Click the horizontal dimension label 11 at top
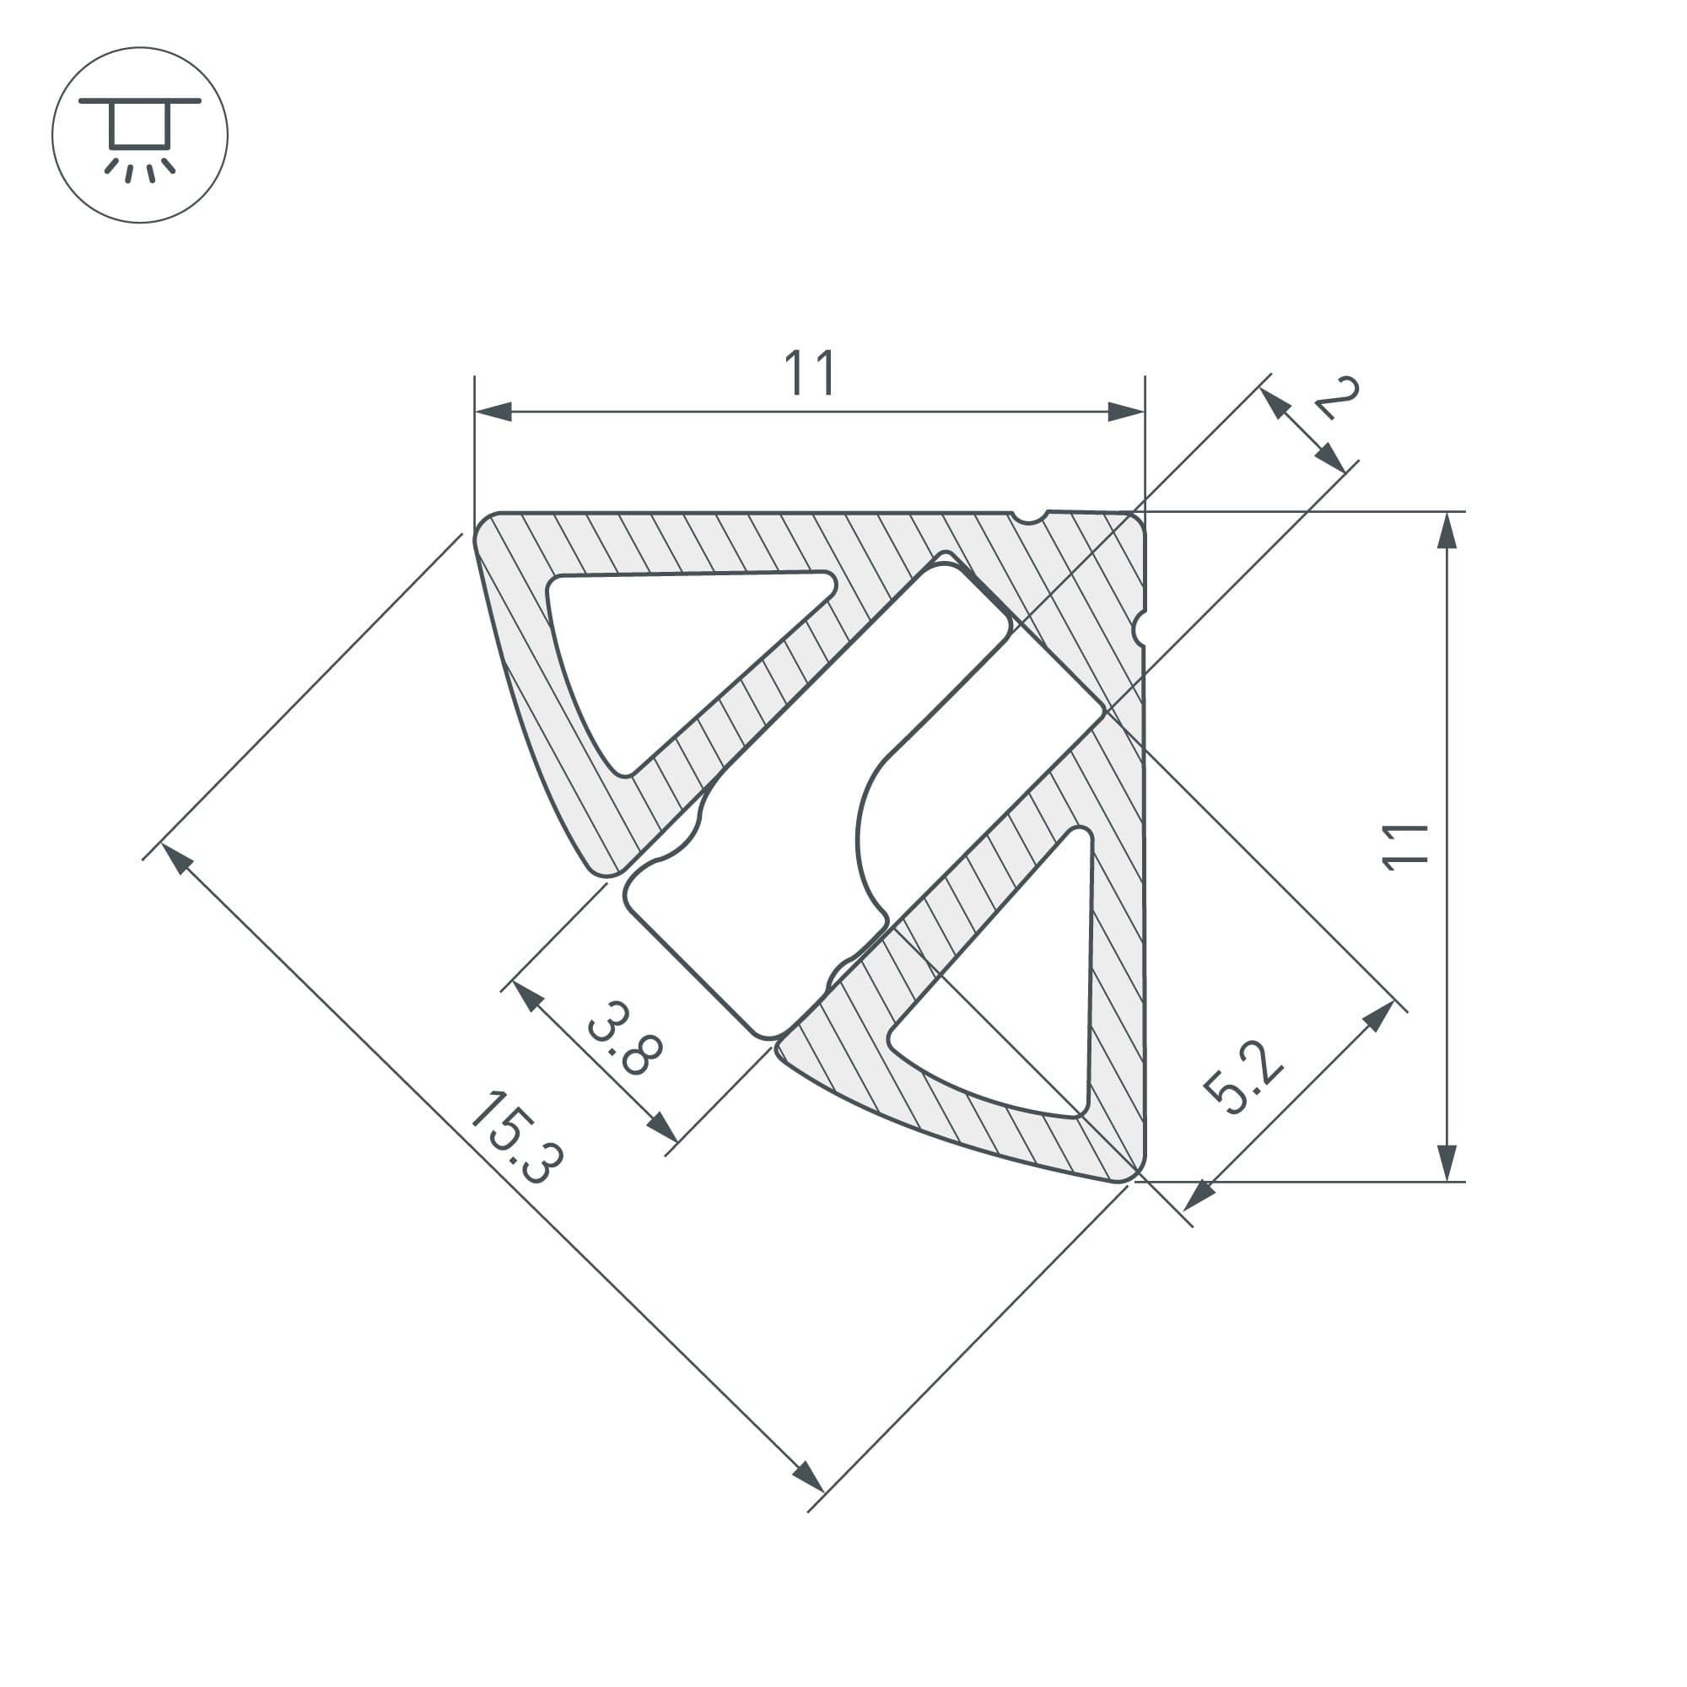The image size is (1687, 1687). [x=811, y=373]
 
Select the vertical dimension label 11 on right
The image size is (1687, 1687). [x=1405, y=846]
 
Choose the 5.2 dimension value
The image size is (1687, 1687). [x=1242, y=1077]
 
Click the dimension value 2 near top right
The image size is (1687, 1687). [x=1337, y=398]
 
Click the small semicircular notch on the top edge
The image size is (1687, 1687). [x=1031, y=518]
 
